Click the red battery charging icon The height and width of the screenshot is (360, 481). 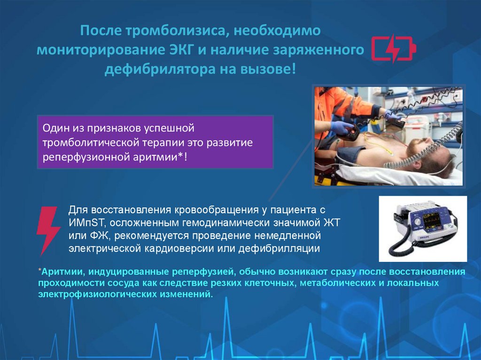click(x=393, y=49)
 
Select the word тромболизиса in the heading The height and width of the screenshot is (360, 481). click(x=174, y=31)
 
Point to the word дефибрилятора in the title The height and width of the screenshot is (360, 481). click(x=156, y=69)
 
